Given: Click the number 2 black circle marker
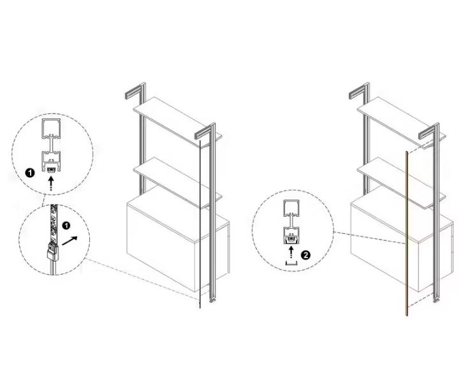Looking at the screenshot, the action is click(x=305, y=255).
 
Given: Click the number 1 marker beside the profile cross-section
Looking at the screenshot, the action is click(x=30, y=173).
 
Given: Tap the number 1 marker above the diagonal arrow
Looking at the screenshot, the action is click(x=66, y=226).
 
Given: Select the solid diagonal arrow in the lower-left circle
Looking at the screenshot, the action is click(x=70, y=240).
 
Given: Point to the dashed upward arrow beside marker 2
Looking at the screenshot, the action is click(x=291, y=252).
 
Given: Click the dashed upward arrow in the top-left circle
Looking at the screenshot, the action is click(x=52, y=184).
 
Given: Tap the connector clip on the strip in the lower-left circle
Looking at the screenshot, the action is click(x=52, y=250).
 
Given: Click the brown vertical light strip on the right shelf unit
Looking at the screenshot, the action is click(x=407, y=234).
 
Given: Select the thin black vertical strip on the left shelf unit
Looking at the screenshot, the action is click(x=200, y=224).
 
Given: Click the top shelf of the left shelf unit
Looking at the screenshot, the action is click(x=177, y=122).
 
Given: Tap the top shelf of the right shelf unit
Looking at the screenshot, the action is click(x=401, y=122).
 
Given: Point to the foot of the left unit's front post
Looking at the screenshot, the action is click(x=213, y=300).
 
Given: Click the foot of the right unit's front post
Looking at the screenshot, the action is click(x=437, y=300).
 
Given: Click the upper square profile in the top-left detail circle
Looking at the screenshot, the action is click(x=52, y=129).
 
